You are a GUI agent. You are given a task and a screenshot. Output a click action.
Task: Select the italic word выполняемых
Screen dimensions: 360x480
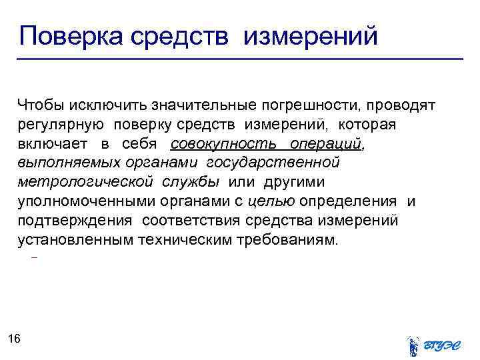pyautogui.click(x=60, y=163)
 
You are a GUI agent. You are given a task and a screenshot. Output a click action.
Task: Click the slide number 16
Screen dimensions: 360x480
pyautogui.click(x=15, y=339)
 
